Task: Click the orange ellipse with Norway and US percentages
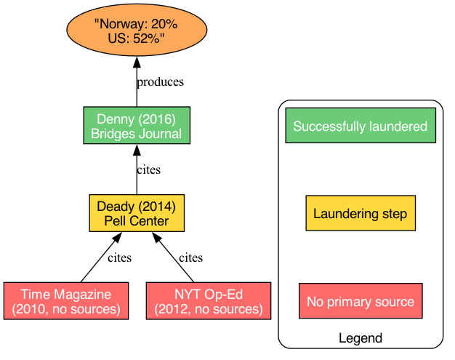pyautogui.click(x=137, y=32)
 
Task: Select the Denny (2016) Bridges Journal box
pyautogui.click(x=137, y=126)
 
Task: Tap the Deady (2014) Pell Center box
pyautogui.click(x=137, y=213)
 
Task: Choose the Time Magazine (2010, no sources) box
pyautogui.click(x=66, y=301)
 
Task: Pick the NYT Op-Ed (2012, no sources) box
pyautogui.click(x=209, y=301)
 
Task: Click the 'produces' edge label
pyautogui.click(x=160, y=82)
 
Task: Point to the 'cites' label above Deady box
pyautogui.click(x=148, y=170)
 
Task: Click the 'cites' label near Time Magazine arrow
pyautogui.click(x=119, y=258)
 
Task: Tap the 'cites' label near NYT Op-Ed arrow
pyautogui.click(x=190, y=258)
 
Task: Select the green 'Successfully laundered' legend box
pyautogui.click(x=360, y=126)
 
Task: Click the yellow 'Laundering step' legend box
pyautogui.click(x=360, y=213)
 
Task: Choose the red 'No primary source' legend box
pyautogui.click(x=360, y=301)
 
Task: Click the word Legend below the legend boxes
pyautogui.click(x=360, y=338)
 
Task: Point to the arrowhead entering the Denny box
pyautogui.click(x=137, y=151)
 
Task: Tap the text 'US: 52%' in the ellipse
pyautogui.click(x=137, y=39)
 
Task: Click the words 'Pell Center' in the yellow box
pyautogui.click(x=137, y=220)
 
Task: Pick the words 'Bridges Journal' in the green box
pyautogui.click(x=137, y=134)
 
